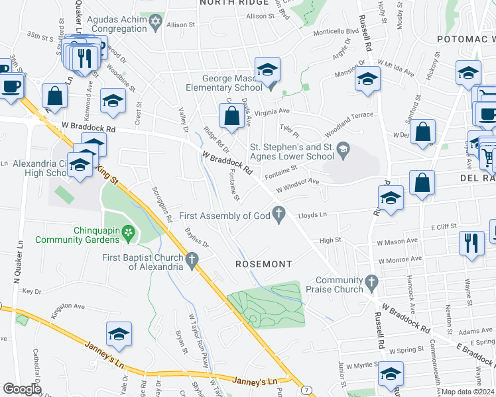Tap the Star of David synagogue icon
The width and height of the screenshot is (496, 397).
[156, 24]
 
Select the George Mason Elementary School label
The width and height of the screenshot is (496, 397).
[217, 83]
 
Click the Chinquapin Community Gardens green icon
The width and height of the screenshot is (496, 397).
[129, 232]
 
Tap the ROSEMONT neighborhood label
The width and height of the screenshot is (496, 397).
[264, 264]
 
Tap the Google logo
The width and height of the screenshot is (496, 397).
[22, 389]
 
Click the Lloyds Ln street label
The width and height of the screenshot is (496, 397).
[312, 215]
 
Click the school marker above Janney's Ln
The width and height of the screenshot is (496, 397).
[119, 334]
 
